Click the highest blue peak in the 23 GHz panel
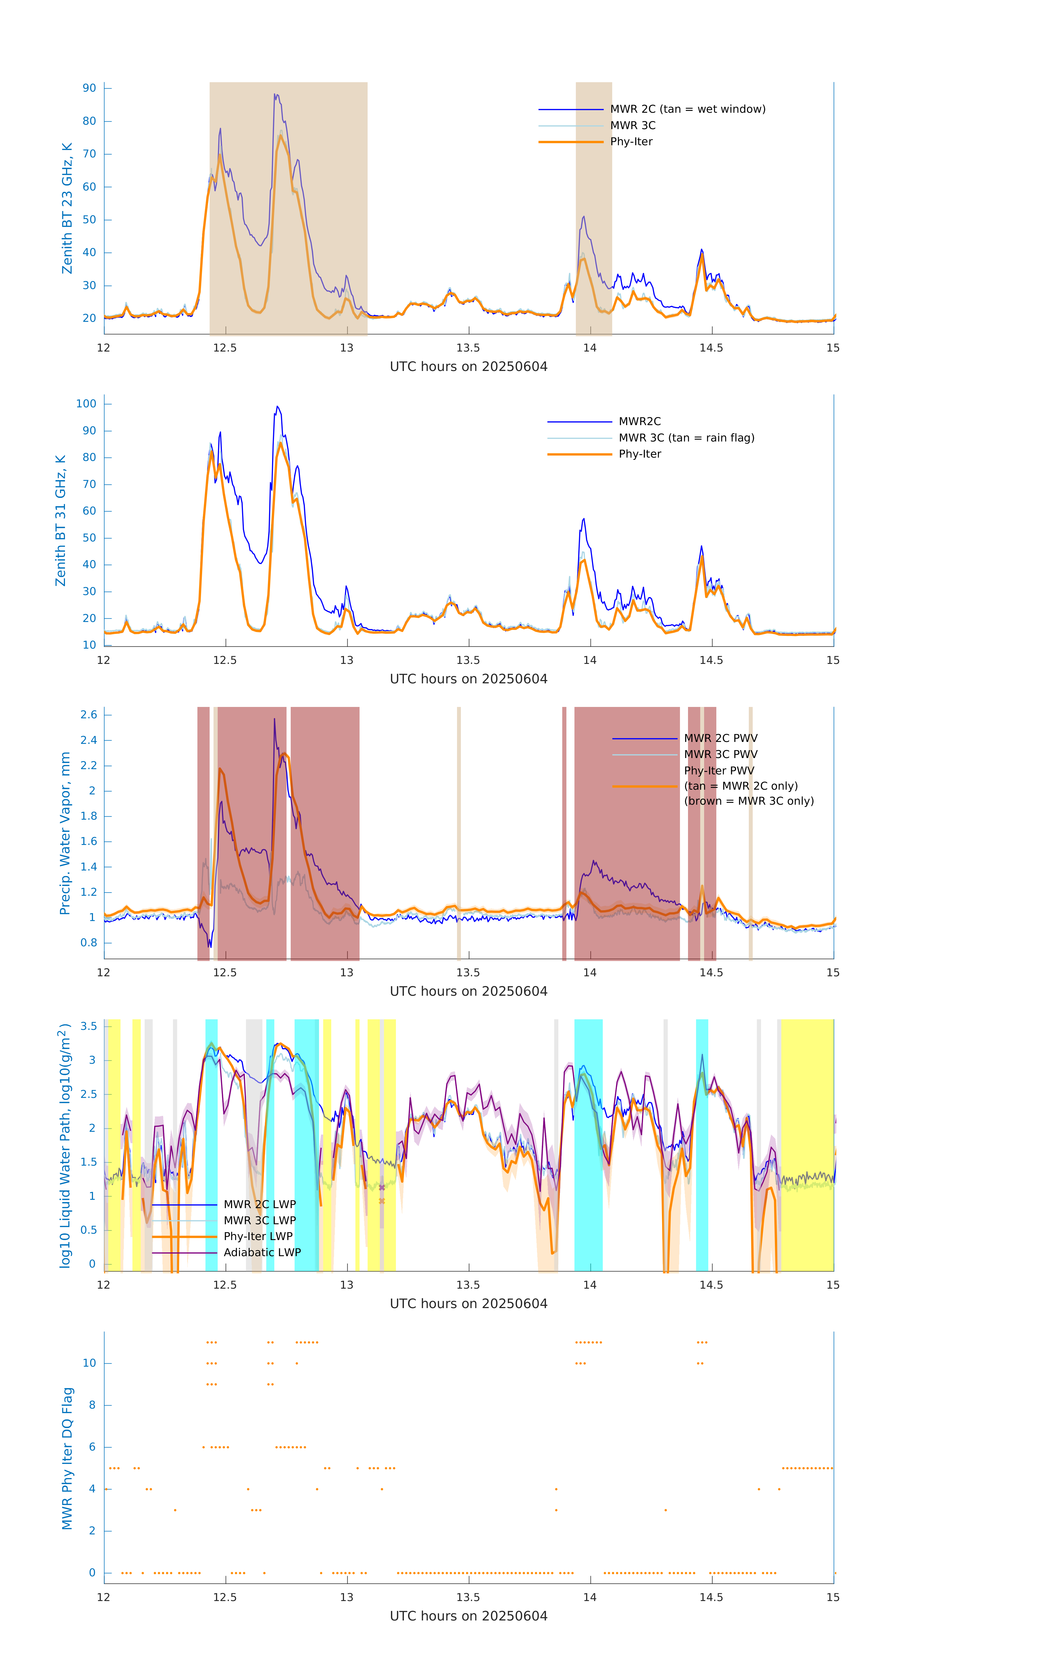(x=275, y=95)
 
